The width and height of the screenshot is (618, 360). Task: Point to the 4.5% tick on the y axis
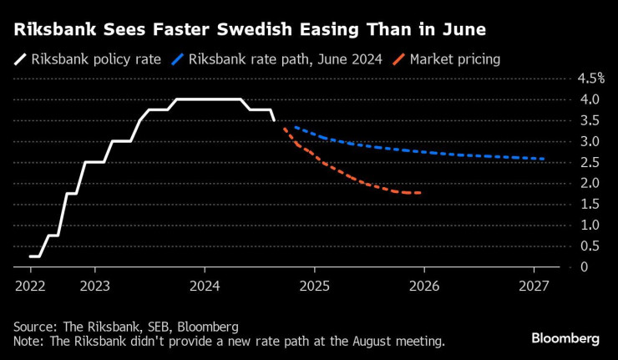click(x=590, y=79)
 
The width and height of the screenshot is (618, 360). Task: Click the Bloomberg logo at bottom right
click(x=565, y=338)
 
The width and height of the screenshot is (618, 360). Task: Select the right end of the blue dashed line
click(x=545, y=159)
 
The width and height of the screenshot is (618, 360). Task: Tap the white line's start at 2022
click(x=30, y=256)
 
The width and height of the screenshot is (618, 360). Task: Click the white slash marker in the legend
click(x=18, y=59)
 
